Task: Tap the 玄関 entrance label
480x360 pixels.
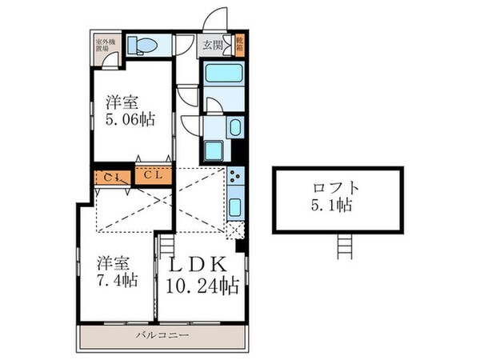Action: (x=214, y=45)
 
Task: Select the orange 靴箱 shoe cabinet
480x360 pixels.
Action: (x=240, y=43)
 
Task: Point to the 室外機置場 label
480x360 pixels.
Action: (x=104, y=44)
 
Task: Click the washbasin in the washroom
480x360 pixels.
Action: (x=235, y=128)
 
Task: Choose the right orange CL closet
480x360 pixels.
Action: (x=152, y=174)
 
